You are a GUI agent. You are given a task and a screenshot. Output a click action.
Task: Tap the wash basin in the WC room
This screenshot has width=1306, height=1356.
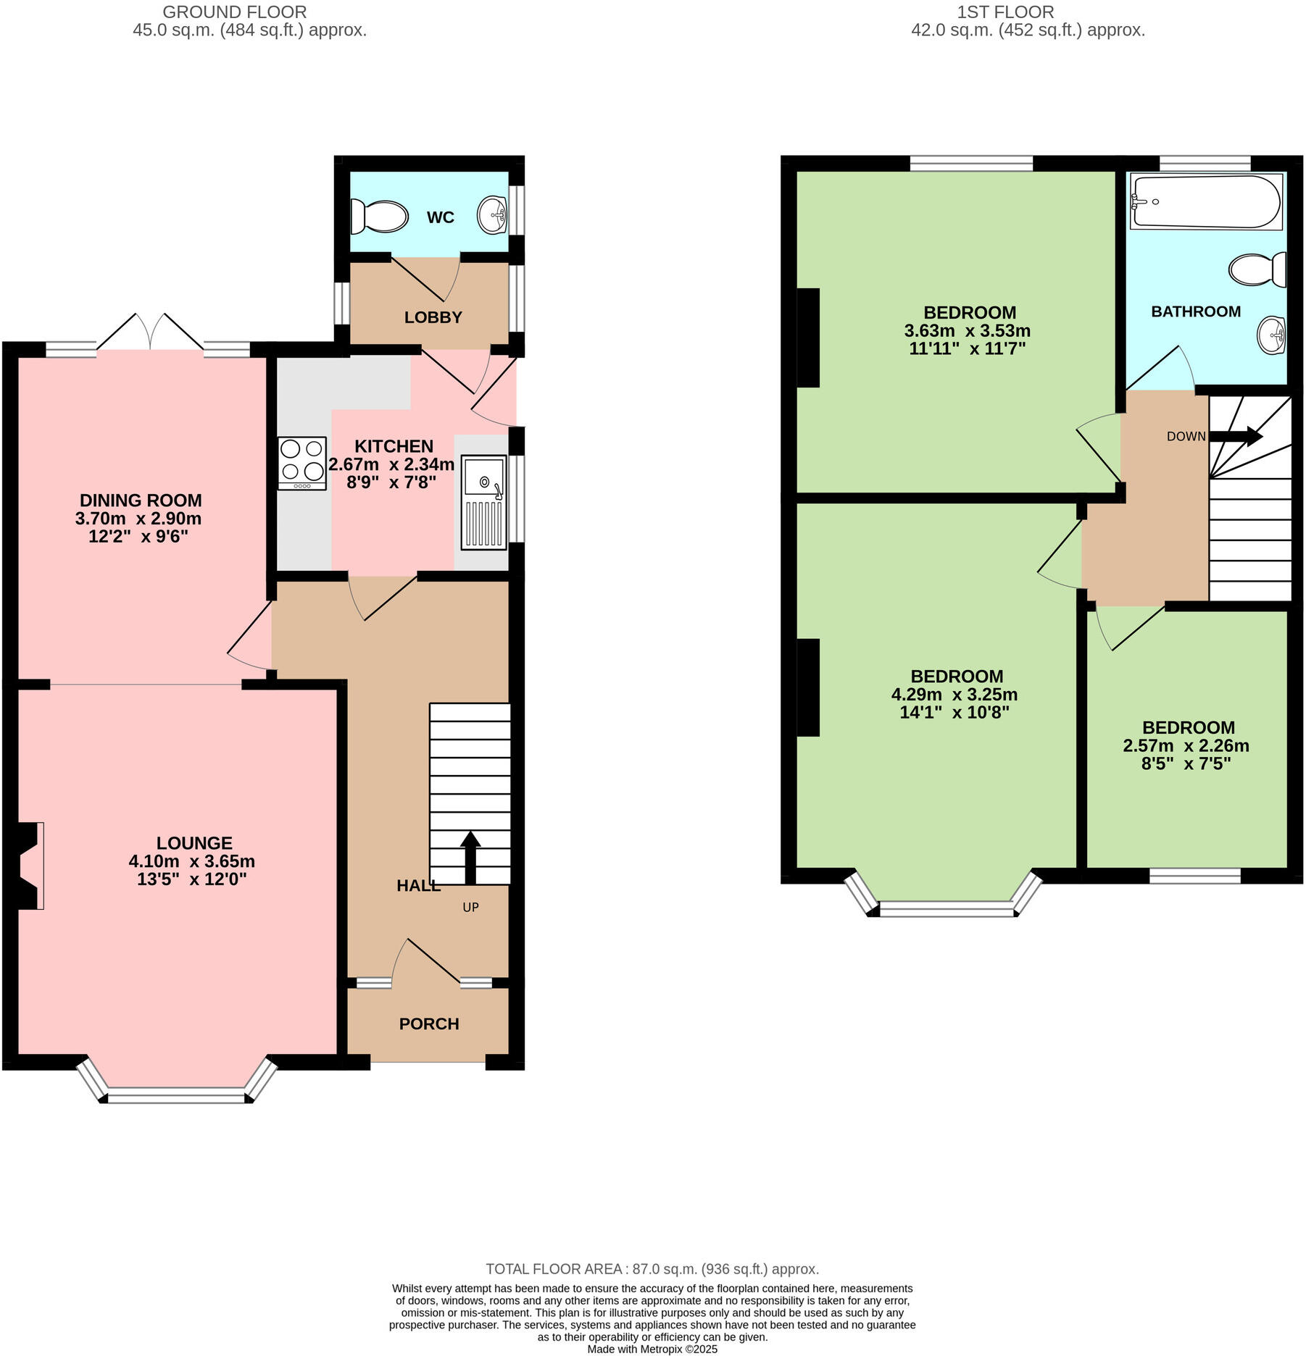(x=493, y=215)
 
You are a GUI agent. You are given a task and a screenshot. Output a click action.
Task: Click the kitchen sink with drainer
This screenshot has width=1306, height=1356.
(x=484, y=502)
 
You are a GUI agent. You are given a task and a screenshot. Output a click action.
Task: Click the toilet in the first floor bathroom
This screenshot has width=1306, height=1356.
(x=1258, y=269)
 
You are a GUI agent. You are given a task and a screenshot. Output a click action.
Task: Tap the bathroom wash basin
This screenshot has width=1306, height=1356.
(x=1271, y=335)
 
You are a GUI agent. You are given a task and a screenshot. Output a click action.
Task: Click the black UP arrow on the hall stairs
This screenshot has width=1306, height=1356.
(x=470, y=857)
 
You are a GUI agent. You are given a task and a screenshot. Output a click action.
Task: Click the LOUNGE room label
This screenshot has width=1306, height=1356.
(x=194, y=843)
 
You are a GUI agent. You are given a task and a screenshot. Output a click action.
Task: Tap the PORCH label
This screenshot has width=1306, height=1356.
(x=429, y=1024)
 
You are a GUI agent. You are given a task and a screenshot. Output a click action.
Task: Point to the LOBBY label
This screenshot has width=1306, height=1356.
(x=433, y=317)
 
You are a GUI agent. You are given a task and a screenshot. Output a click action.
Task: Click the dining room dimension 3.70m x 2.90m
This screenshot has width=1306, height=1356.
(x=138, y=519)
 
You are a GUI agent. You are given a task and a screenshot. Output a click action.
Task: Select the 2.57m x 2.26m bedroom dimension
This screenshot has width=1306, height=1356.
(x=1186, y=745)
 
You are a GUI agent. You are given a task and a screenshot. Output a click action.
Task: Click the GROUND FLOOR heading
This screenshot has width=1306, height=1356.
(x=234, y=12)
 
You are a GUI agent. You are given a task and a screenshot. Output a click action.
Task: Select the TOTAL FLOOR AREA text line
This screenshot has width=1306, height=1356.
(x=652, y=1269)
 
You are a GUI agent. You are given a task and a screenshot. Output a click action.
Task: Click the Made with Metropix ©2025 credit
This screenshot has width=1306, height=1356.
(x=652, y=1349)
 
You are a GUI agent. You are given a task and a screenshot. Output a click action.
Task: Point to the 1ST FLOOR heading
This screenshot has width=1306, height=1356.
(x=1005, y=12)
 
